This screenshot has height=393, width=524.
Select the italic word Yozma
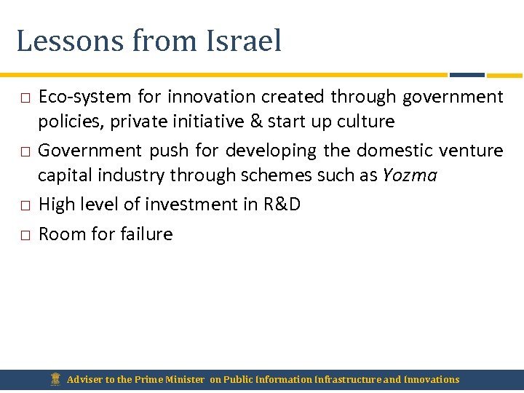coord(410,175)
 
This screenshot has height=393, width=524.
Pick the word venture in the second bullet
coord(468,151)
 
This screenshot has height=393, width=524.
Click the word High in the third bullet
coord(55,205)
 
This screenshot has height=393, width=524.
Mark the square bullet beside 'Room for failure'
coord(24,235)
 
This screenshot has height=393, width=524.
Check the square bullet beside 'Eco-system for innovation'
coord(24,98)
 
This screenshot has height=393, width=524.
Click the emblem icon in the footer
coord(55,379)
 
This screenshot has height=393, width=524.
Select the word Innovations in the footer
coord(432,379)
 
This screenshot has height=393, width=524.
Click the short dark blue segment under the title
coord(467,74)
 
